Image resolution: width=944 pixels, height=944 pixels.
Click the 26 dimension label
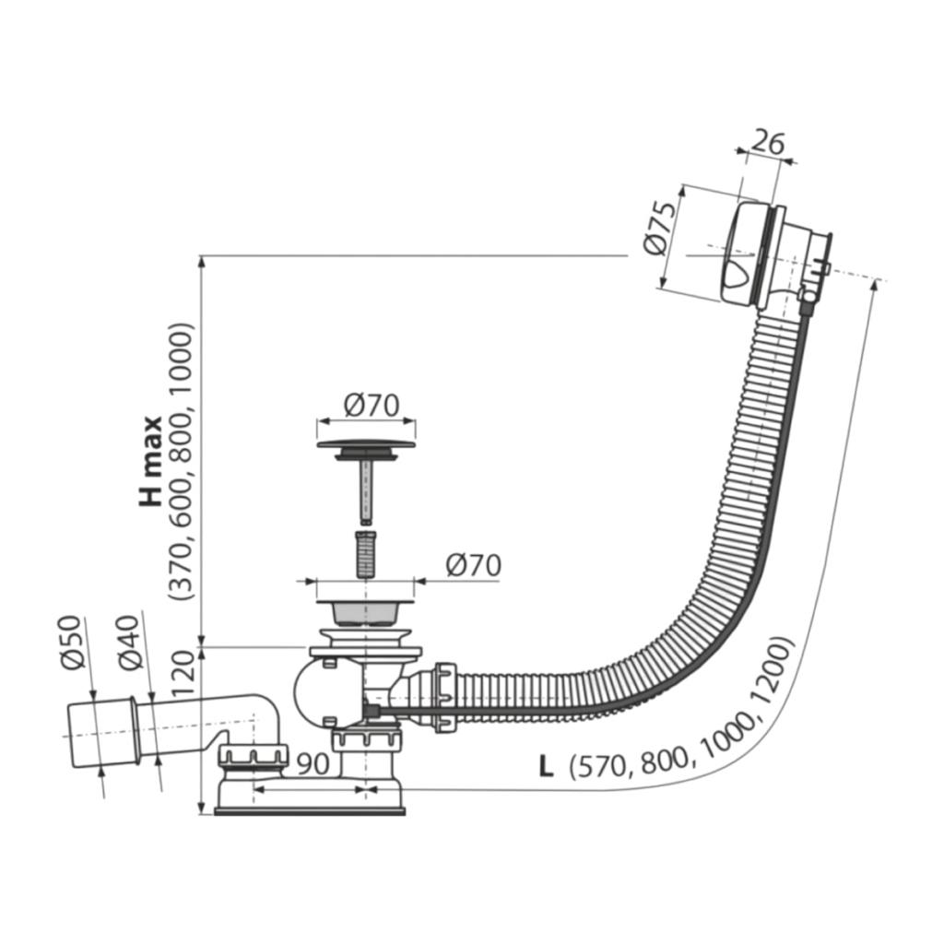tap(769, 143)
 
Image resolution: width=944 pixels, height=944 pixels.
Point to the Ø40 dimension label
tap(130, 643)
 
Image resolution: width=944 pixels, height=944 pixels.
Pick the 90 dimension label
tap(313, 763)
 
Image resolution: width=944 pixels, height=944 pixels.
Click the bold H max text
tap(151, 462)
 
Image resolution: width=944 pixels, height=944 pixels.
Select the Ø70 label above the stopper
tap(372, 406)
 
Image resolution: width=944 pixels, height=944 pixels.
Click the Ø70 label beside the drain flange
tap(473, 565)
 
